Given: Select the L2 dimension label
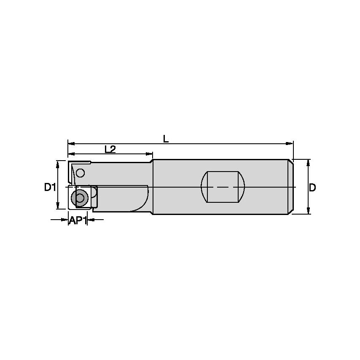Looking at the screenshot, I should (110, 149).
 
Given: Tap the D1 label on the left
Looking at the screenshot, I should (50, 187).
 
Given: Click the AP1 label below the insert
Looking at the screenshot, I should (78, 220).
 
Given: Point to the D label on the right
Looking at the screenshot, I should (312, 188).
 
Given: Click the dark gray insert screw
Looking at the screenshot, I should (78, 197).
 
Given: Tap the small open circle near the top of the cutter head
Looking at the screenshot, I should (81, 172).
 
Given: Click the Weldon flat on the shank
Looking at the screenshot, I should (223, 187).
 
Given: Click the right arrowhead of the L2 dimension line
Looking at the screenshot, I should (149, 154).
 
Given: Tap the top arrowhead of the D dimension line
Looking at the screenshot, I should (308, 162).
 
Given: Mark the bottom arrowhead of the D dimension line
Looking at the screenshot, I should (308, 211).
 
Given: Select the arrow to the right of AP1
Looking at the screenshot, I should (91, 219).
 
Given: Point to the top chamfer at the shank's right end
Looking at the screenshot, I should (291, 161).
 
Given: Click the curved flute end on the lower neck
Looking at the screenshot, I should (143, 202).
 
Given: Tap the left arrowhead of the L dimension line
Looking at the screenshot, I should (71, 143).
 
